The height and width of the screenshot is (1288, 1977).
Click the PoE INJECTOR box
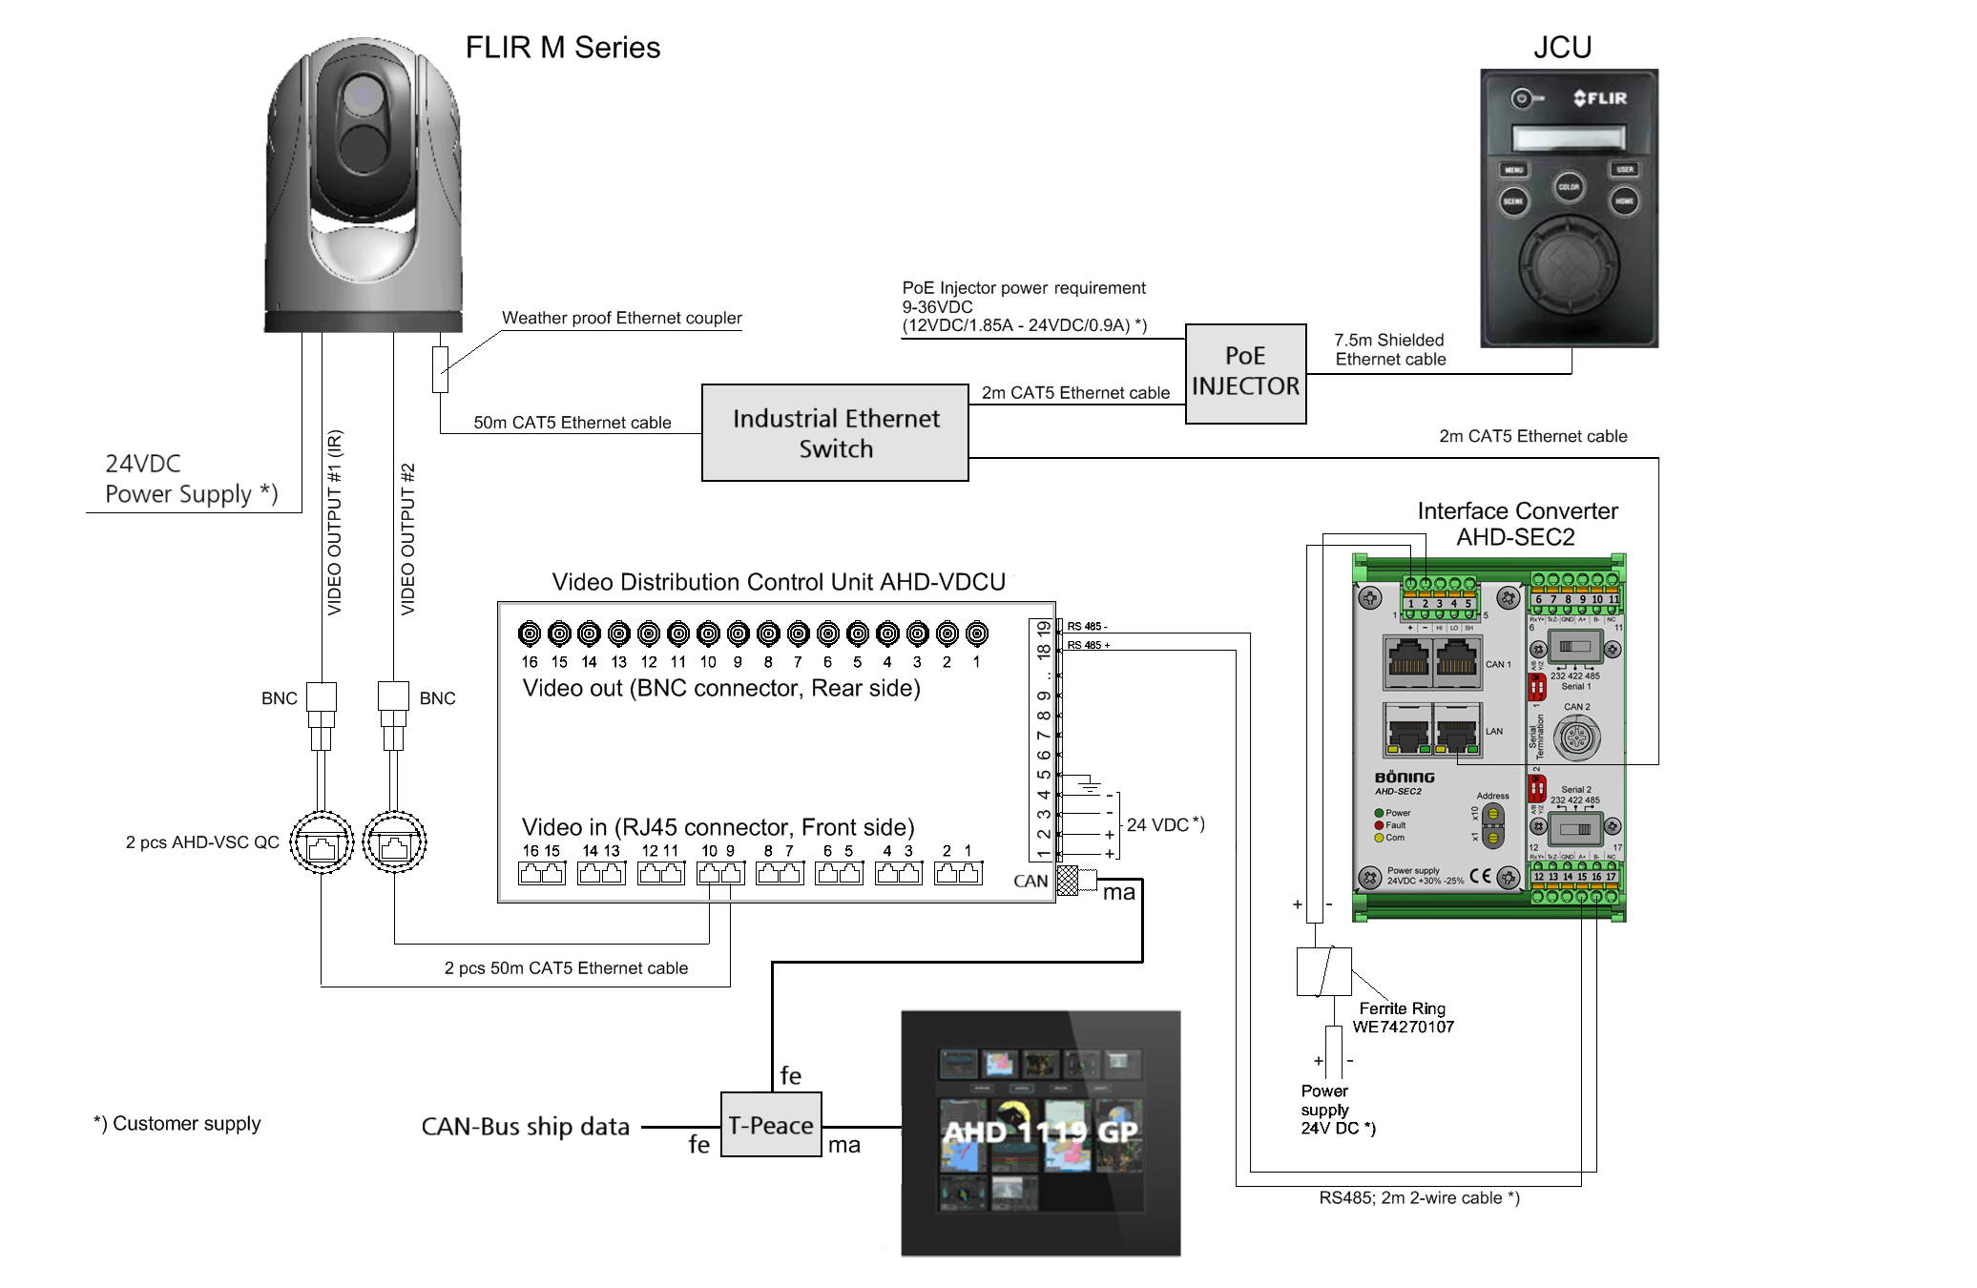coord(1245,373)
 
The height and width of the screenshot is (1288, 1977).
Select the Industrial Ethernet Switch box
coord(835,433)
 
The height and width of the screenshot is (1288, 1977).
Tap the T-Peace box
coord(771,1125)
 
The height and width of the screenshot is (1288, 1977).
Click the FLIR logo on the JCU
coord(1600,98)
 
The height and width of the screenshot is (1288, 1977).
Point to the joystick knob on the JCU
coord(1569,259)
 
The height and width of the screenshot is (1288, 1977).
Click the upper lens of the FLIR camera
coord(364,95)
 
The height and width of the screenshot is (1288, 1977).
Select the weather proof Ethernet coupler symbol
coord(440,369)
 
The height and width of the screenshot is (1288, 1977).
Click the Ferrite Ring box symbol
coord(1323,971)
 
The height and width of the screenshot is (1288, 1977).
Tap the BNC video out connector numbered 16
coord(530,634)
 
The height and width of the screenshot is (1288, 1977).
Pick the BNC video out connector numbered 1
coord(976,634)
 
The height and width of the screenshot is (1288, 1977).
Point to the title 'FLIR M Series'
coord(562,48)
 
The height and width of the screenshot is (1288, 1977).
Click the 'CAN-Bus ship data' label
coord(525,1127)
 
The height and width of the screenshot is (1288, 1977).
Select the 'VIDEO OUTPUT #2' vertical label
coord(408,539)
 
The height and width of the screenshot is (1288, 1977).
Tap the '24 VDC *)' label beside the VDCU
coord(1165,824)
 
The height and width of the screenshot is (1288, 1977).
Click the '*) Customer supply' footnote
coord(177,1124)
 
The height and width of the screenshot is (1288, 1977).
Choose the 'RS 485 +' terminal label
coord(1088,646)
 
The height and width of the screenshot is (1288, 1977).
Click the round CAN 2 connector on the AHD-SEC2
coord(1576,737)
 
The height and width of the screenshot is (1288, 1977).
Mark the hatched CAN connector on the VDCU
coord(1068,881)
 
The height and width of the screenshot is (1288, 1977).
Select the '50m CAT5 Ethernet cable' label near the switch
coord(572,423)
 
